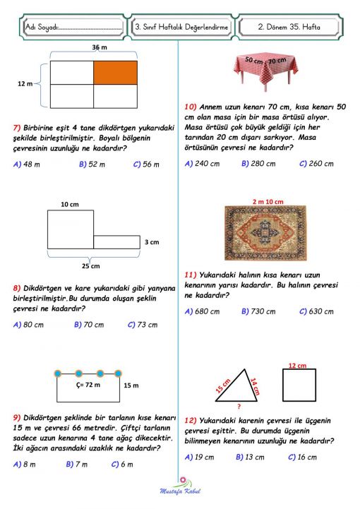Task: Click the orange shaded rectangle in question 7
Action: (116, 72)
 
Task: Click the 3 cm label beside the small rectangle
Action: (152, 242)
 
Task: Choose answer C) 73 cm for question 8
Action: (142, 325)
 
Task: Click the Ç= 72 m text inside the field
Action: (88, 385)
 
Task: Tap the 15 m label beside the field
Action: (131, 385)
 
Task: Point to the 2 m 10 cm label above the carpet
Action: (267, 202)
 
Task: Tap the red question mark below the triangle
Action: (239, 407)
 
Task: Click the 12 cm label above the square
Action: (296, 365)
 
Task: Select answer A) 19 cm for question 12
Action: (199, 457)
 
